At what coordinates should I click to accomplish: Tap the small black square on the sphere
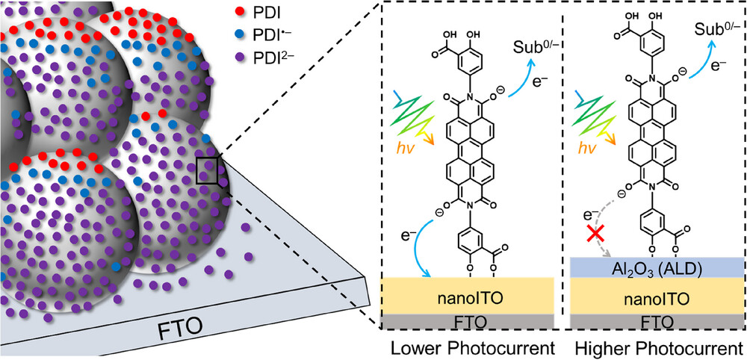point(206,170)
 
